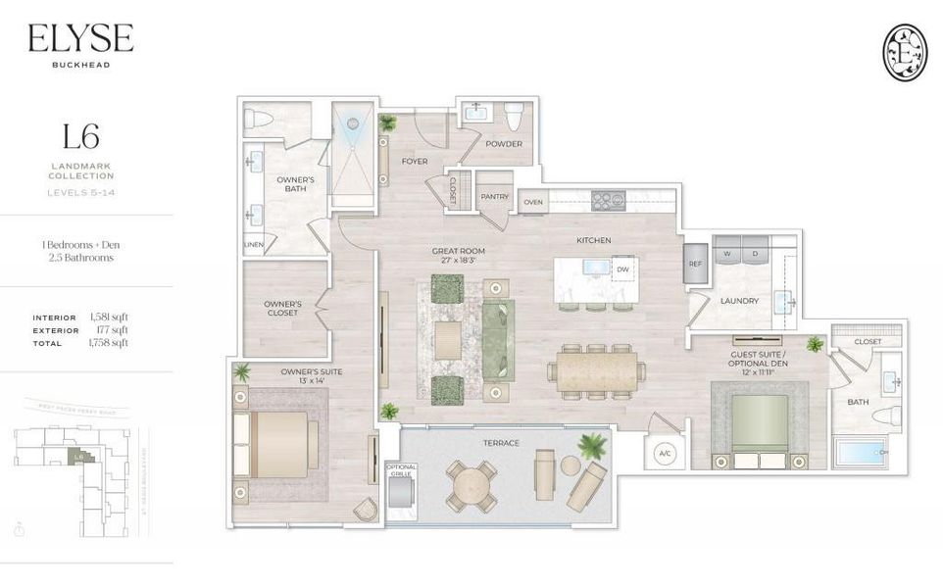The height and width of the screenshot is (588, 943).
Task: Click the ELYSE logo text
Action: click(x=80, y=39)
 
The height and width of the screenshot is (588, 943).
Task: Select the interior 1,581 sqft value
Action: click(x=109, y=318)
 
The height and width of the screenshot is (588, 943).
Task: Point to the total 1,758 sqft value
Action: click(x=109, y=343)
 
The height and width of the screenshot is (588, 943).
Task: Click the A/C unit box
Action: click(x=663, y=453)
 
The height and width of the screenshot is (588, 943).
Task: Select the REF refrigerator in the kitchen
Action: click(x=695, y=264)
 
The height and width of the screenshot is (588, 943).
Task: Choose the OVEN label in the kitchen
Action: click(x=533, y=202)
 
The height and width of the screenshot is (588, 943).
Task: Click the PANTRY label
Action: click(x=494, y=197)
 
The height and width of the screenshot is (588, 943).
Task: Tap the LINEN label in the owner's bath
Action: click(x=252, y=245)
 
